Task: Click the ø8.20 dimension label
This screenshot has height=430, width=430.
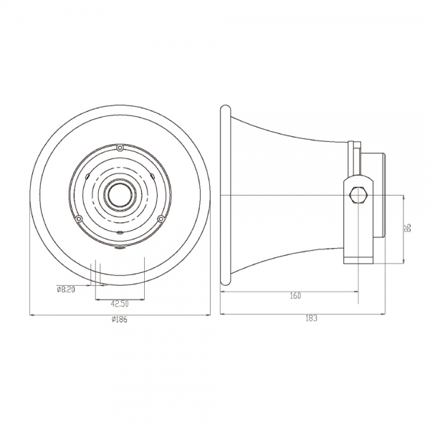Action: [x=66, y=290]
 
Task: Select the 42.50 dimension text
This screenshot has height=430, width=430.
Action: [x=120, y=304]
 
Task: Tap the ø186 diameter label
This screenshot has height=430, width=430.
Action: [x=120, y=319]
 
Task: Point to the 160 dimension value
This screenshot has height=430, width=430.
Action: [x=295, y=296]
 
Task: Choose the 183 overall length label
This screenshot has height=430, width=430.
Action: [x=311, y=318]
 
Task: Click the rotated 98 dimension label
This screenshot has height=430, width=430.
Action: [x=408, y=228]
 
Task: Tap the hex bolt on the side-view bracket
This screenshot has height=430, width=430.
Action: [x=358, y=195]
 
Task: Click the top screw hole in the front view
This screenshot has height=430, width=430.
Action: [x=120, y=148]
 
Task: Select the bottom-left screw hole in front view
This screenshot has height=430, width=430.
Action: [x=79, y=219]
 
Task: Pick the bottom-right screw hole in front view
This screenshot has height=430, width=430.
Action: [x=161, y=219]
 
